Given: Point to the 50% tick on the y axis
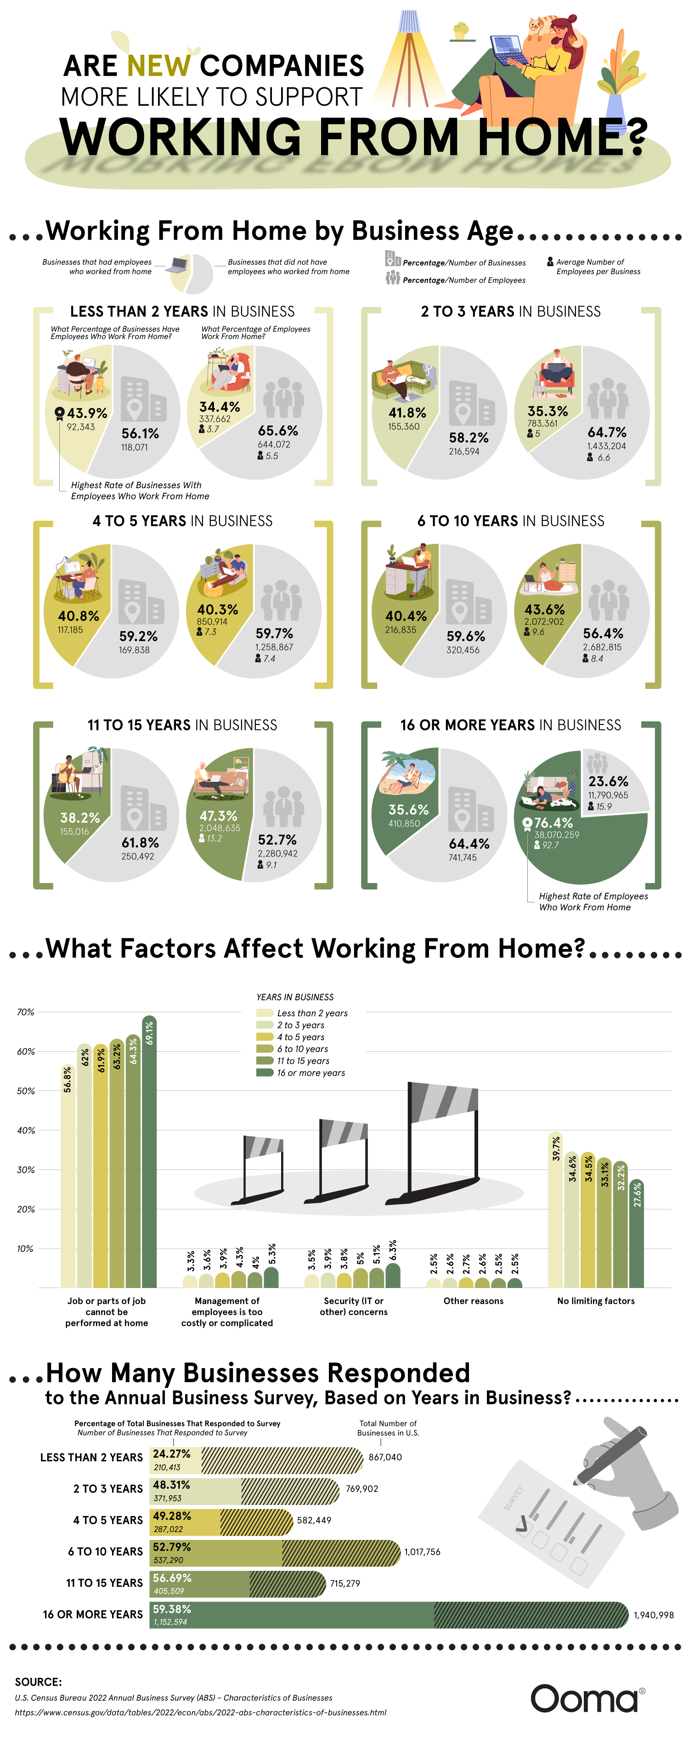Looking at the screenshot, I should coord(26,1091).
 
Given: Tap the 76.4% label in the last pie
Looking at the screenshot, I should coord(553,823).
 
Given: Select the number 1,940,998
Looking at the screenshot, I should coord(653,1615).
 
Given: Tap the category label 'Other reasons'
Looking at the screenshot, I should coord(473,1301).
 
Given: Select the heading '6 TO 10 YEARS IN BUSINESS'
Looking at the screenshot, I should coord(510,521).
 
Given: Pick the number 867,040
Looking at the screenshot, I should coord(385,1457).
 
